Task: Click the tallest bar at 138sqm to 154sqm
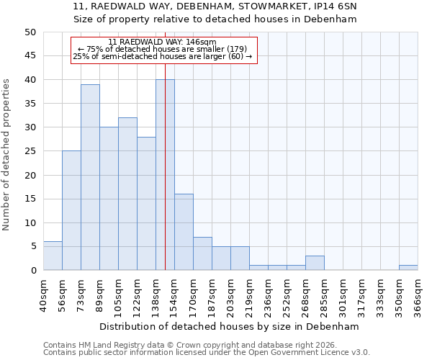[165, 175]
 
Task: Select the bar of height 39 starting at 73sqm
[90, 177]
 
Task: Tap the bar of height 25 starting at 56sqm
[71, 210]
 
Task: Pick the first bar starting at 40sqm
[53, 256]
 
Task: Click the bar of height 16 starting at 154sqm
[184, 232]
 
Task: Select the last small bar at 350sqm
[408, 268]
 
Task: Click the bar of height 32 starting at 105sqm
[127, 194]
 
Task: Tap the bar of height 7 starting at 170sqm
[202, 253]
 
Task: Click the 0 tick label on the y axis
[33, 271]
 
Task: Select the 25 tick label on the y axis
[30, 151]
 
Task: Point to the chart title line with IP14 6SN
[215, 6]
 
